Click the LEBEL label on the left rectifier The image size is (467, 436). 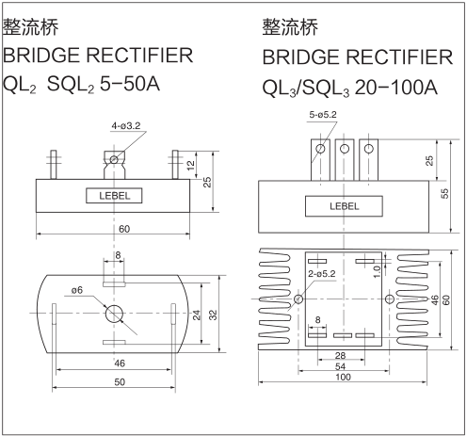point(114,196)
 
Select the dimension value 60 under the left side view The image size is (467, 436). point(124,230)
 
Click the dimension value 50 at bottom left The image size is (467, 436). point(120,382)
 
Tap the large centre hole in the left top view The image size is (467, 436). point(116,314)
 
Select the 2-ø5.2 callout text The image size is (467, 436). point(322,274)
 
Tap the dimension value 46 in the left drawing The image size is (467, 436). point(120,361)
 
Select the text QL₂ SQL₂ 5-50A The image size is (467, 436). point(82,85)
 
